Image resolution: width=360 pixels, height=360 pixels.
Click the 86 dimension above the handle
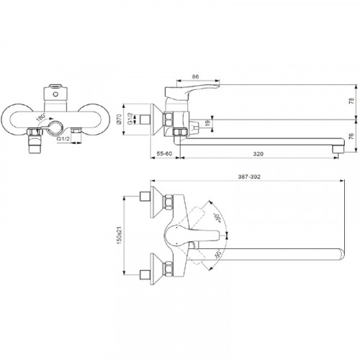tap(196, 77)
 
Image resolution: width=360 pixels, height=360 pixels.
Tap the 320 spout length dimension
tap(258, 154)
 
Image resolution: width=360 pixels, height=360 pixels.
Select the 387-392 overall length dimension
tap(249, 176)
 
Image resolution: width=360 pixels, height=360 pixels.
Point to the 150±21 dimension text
tap(120, 235)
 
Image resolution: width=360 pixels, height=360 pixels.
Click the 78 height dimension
tap(351, 101)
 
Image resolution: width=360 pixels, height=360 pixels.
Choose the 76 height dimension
tap(351, 136)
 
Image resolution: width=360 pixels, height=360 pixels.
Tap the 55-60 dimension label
tap(164, 153)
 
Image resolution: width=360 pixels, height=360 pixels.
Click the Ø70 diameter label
tap(120, 119)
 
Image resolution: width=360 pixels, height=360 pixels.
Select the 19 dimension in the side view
tap(208, 123)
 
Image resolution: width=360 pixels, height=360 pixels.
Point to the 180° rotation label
tap(41, 117)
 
